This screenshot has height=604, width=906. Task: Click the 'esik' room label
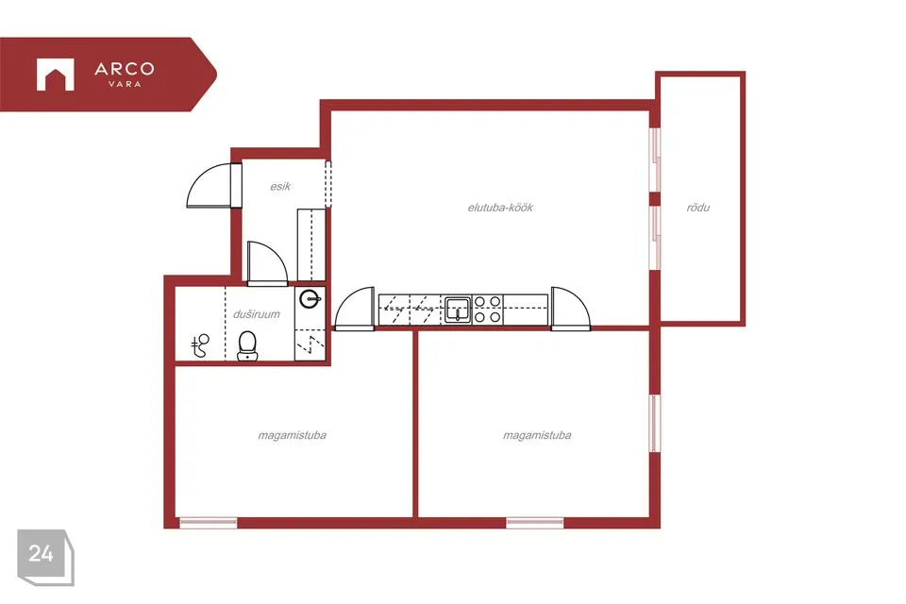[x=280, y=187]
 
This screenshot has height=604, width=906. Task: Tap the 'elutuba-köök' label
[x=500, y=207]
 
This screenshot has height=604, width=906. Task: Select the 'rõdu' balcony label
[x=698, y=207]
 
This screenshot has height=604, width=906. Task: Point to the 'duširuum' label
[x=257, y=314]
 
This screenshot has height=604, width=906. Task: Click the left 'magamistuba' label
[x=292, y=435]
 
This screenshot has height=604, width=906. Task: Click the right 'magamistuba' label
[x=537, y=435]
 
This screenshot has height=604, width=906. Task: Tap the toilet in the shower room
[x=247, y=345]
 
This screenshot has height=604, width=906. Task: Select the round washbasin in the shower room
[x=310, y=299]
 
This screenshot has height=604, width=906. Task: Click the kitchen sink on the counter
[x=459, y=309]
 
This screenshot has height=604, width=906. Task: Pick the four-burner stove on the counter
[x=488, y=310]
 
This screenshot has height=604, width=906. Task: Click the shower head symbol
[x=200, y=345]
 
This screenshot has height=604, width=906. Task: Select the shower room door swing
[x=267, y=263]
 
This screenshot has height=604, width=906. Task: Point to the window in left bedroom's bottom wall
[x=208, y=523]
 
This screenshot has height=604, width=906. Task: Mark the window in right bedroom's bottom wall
[x=535, y=523]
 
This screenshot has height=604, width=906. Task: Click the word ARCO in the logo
[x=125, y=69]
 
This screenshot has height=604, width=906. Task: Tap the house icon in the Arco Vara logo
[x=56, y=75]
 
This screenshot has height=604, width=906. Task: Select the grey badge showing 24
[x=45, y=557]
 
